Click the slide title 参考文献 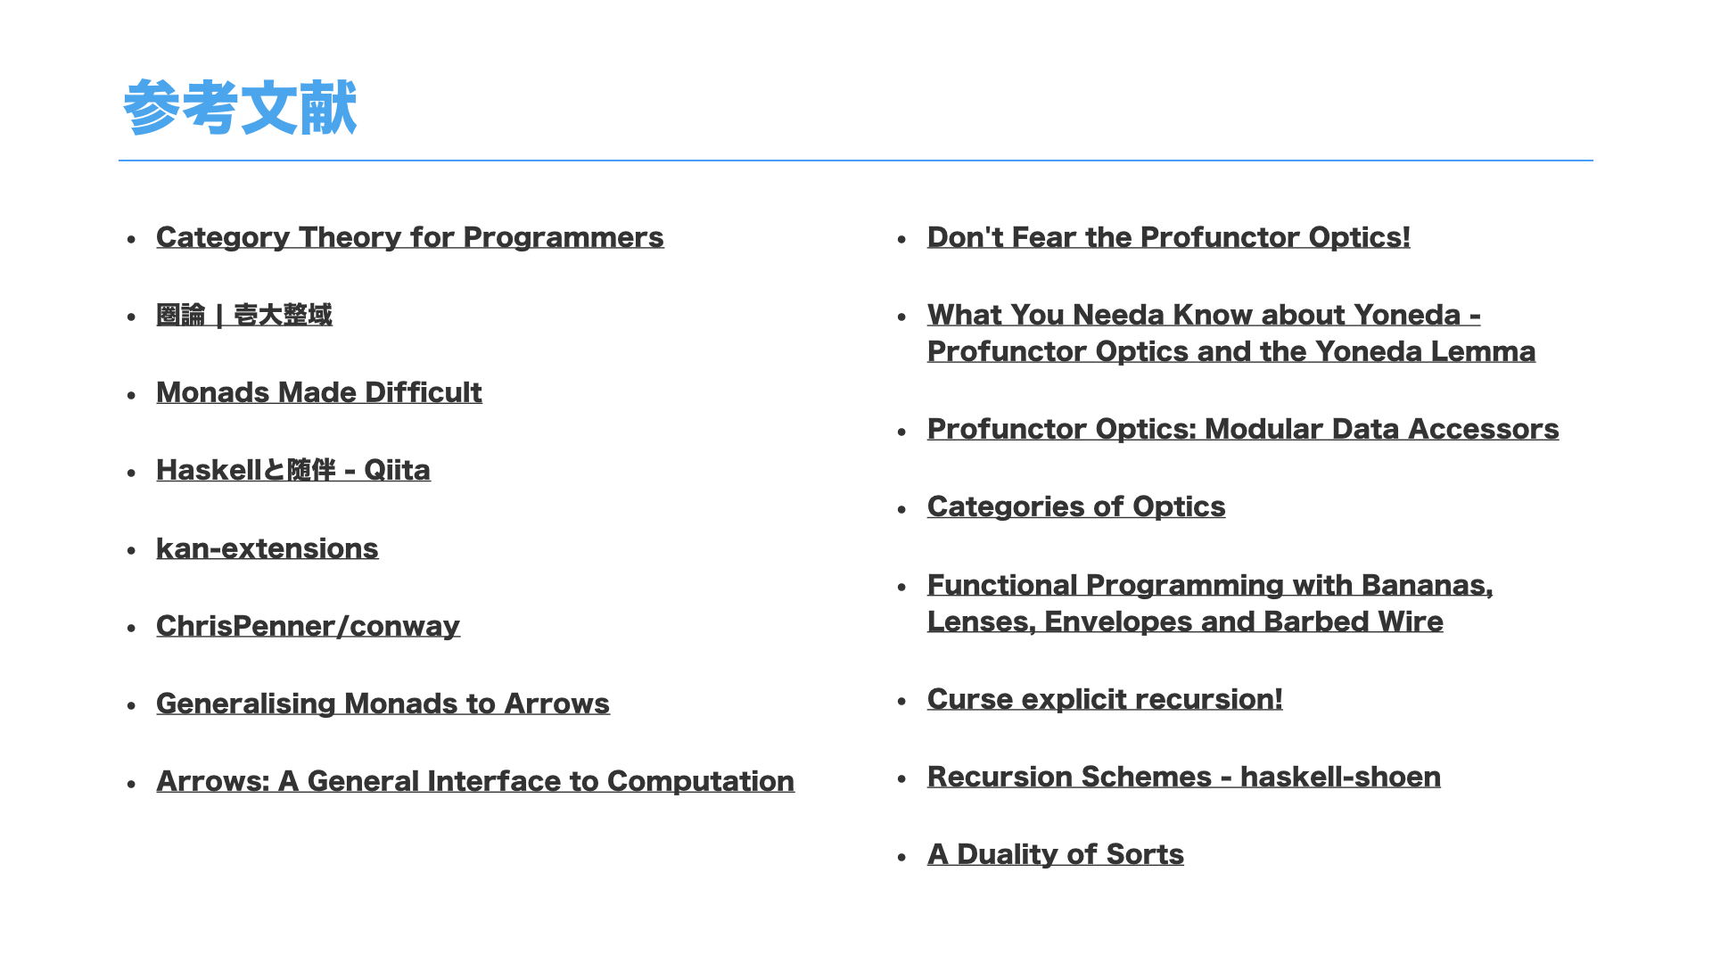(240, 108)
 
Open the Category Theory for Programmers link (409, 237)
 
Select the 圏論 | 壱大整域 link (243, 315)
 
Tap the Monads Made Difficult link (318, 392)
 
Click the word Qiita (397, 470)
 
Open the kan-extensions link (267, 548)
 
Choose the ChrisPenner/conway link (308, 626)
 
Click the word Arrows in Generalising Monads (556, 704)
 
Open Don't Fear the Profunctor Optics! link (1168, 237)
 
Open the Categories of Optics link (1075, 506)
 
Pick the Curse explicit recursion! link (1104, 699)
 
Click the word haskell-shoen (1340, 777)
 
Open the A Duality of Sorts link (1055, 854)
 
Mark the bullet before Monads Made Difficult (131, 395)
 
